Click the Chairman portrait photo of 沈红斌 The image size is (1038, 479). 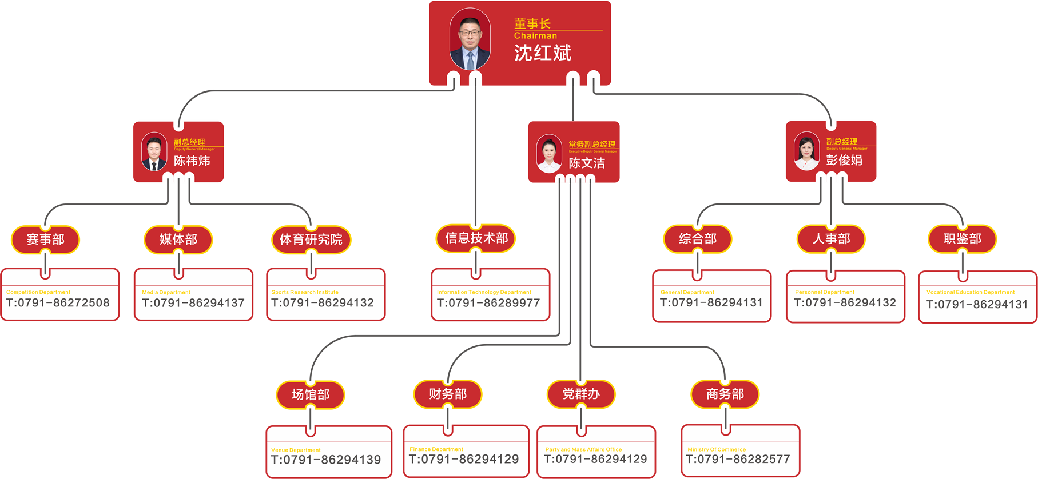pos(470,39)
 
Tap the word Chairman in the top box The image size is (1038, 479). pos(535,35)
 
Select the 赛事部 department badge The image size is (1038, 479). pos(46,240)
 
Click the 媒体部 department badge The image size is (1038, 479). pos(178,240)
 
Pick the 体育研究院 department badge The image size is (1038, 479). pos(311,240)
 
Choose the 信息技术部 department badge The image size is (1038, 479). pos(476,238)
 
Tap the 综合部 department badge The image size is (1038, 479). pos(698,239)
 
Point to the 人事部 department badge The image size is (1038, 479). pos(831,239)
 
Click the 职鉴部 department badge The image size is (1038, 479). pos(963,239)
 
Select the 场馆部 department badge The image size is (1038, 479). pos(311,395)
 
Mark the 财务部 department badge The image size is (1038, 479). pos(448,394)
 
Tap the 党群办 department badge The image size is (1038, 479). pos(581,394)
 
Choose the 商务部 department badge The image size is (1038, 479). pos(725,394)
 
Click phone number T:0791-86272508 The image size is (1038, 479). pos(58,303)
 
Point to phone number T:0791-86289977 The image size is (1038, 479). pos(488,303)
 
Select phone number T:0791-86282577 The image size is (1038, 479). pos(738,459)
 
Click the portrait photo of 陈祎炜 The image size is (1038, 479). pos(154,152)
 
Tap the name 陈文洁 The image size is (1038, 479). pos(587,163)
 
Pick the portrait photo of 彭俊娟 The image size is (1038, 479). pos(806,151)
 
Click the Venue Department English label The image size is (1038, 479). pos(296,450)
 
